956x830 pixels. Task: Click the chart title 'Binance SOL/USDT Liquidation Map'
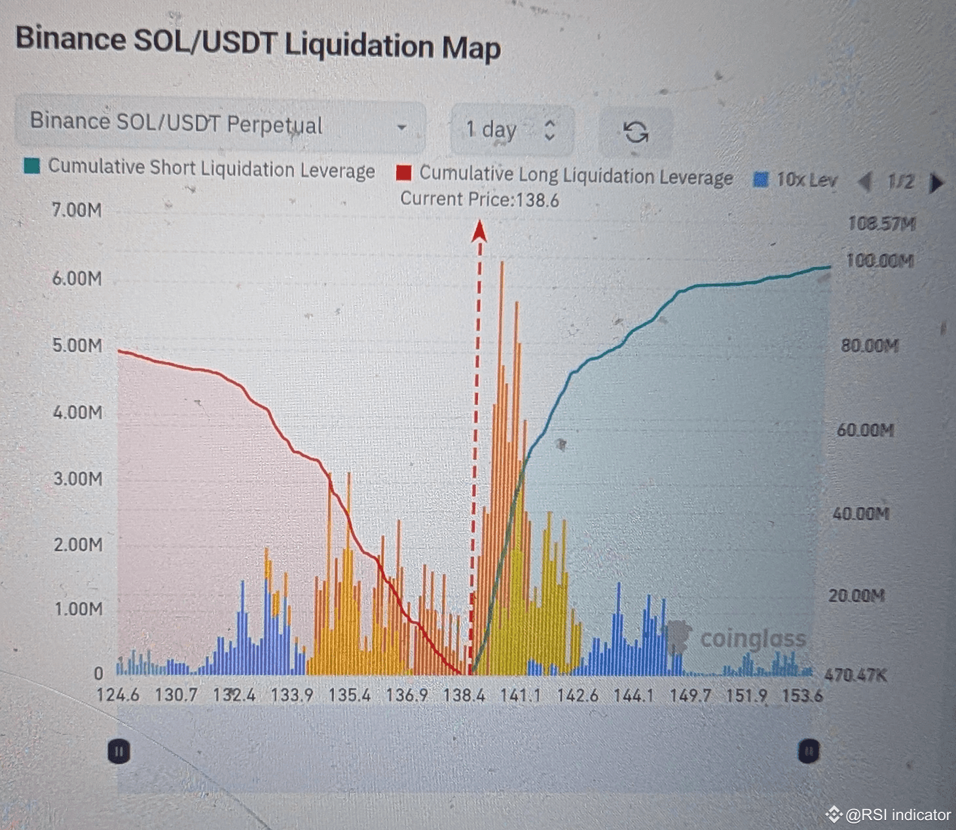click(258, 45)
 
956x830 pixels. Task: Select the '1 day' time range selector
click(511, 130)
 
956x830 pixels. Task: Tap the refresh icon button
click(635, 132)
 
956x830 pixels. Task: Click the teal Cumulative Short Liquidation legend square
click(31, 166)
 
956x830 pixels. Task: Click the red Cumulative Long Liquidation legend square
click(404, 173)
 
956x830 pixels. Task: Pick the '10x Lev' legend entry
click(796, 179)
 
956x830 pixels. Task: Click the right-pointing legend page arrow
click(937, 183)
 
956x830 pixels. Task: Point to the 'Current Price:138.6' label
click(479, 199)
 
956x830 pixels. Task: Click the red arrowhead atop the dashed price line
click(479, 231)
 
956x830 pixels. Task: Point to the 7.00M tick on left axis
click(77, 210)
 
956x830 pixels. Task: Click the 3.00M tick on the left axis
click(78, 478)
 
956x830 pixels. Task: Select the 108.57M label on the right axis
click(881, 224)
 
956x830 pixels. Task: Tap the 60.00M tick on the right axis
click(865, 430)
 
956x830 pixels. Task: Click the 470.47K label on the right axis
click(856, 675)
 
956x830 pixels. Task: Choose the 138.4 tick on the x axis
click(464, 695)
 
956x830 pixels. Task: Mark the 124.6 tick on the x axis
click(118, 695)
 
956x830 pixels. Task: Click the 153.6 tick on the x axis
click(802, 695)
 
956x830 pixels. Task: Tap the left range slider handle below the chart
click(119, 751)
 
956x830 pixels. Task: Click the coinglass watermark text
click(753, 638)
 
